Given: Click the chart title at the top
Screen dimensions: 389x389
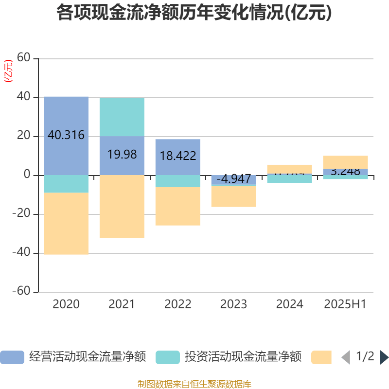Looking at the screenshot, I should point(194,13).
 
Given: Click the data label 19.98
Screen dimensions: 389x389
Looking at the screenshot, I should point(122,155).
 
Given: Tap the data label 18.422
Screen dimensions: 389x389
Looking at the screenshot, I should point(178,156).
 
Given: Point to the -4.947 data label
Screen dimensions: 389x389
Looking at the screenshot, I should point(233,179).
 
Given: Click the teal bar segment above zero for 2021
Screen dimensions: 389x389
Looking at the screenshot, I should point(122,117).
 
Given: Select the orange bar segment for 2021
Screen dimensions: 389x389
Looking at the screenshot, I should point(122,207).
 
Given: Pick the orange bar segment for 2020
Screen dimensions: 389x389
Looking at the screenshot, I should point(66,224).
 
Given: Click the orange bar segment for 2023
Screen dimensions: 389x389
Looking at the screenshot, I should point(233,196).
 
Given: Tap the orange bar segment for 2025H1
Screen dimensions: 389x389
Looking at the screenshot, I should point(345,162).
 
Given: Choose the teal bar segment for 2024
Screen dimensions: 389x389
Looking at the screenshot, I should point(289,179).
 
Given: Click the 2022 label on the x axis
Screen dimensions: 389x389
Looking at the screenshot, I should point(178,304).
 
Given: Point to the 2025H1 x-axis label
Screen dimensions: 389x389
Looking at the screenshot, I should point(345,304).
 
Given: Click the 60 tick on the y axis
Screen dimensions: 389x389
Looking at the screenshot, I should point(24,58).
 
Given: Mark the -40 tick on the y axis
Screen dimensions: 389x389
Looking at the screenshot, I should point(22,253).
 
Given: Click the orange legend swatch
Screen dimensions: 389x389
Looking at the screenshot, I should point(321,357).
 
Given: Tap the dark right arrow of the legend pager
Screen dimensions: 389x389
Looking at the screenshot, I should point(384,357).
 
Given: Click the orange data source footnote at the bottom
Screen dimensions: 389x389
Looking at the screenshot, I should point(194,384).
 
